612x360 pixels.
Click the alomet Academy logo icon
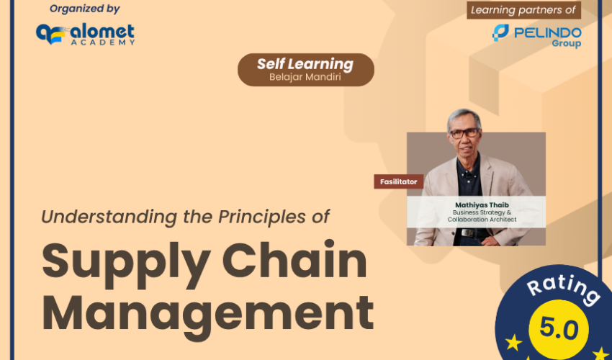coord(50,34)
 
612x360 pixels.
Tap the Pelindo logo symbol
coord(500,33)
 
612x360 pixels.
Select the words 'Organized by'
coord(85,9)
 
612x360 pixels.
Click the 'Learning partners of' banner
coord(523,10)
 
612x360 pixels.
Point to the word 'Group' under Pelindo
coord(567,43)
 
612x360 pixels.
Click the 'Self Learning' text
coord(305,64)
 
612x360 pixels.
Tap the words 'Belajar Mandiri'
coord(305,77)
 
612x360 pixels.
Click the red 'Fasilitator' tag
coord(398,181)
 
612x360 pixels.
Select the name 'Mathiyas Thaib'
coord(482,205)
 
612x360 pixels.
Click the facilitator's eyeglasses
coord(464,133)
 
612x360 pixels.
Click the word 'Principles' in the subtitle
coord(262,217)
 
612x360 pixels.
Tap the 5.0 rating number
coord(559,329)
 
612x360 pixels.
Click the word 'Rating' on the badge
coord(564,289)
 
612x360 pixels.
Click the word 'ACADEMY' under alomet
coord(103,42)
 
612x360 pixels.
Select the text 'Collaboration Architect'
coord(482,220)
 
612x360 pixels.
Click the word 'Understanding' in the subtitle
coord(109,217)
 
